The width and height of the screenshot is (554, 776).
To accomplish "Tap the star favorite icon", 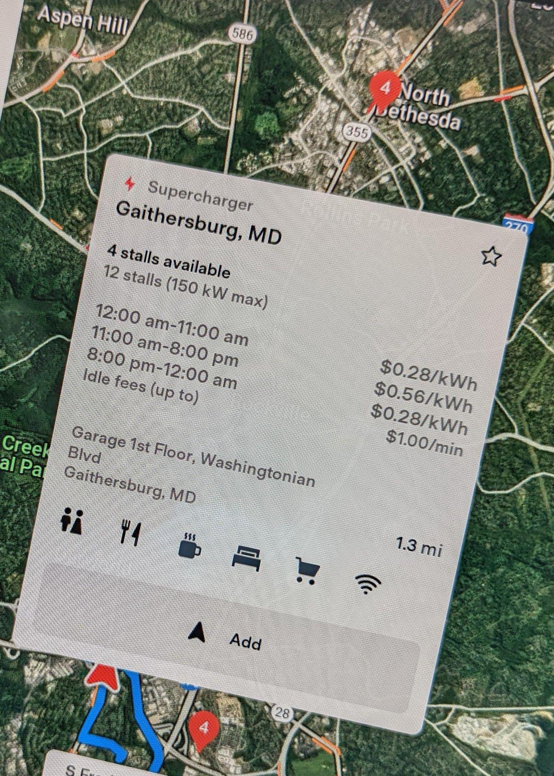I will coord(491,256).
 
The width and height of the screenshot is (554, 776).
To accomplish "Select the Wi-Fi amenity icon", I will coord(368,583).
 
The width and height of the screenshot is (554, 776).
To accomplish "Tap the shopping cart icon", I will coord(307,570).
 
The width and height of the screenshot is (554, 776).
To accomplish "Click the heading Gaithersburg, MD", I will coord(199,222).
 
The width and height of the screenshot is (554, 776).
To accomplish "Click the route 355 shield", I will coord(356,132).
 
